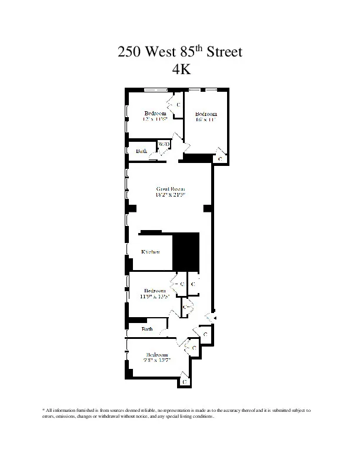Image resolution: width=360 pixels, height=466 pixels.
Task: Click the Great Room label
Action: click(171, 189)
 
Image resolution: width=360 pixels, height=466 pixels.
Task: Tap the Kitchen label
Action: click(151, 252)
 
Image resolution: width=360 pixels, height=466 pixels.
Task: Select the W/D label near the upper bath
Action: click(164, 144)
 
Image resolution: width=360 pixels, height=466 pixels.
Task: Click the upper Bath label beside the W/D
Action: click(142, 151)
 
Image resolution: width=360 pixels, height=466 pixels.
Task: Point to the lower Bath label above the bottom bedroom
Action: click(147, 329)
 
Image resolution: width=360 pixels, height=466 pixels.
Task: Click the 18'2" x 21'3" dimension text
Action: click(171, 195)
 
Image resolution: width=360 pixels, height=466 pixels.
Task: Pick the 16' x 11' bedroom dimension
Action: click(206, 119)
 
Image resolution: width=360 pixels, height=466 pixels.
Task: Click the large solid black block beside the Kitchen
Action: click(187, 250)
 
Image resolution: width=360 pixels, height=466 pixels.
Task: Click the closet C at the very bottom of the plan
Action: click(185, 381)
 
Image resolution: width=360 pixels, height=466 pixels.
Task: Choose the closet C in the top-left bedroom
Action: click(178, 104)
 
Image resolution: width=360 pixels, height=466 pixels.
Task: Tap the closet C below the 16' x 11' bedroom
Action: click(220, 159)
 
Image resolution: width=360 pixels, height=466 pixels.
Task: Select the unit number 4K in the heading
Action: click(179, 69)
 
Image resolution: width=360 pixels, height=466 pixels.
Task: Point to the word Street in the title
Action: click(222, 52)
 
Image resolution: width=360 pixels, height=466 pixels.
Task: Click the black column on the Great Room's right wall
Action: click(207, 208)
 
